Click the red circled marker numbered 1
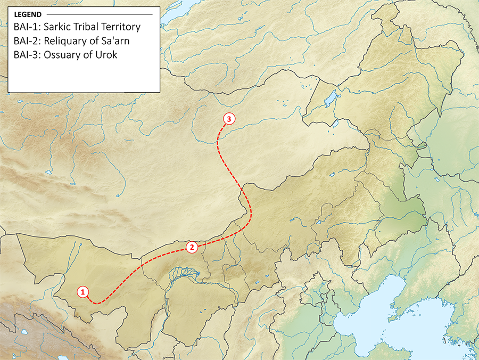[82, 291]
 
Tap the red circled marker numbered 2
[192, 247]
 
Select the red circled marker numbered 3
[228, 119]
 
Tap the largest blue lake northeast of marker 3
[329, 98]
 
